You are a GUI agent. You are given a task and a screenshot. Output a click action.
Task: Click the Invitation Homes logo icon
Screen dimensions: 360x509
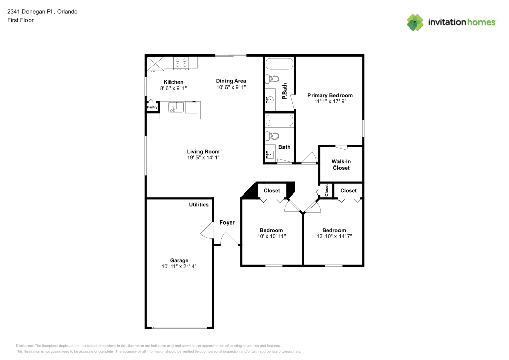(415, 22)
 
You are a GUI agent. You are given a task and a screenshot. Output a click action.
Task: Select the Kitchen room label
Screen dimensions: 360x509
(173, 82)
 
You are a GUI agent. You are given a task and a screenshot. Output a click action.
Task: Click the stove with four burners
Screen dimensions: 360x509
(181, 63)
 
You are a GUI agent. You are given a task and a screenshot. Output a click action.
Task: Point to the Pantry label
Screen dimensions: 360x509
(152, 107)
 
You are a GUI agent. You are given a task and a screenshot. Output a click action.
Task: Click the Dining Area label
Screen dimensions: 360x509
(231, 81)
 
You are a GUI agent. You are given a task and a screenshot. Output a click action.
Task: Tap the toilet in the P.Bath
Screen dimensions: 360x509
(273, 79)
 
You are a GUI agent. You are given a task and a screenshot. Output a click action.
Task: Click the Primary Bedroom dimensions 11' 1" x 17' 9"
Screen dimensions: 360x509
(330, 101)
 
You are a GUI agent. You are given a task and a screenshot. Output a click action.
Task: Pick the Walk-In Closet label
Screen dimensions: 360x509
(341, 164)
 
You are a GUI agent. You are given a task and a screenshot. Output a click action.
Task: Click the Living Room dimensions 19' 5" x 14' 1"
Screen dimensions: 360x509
(203, 158)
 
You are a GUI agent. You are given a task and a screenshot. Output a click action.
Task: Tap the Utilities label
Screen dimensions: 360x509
(199, 205)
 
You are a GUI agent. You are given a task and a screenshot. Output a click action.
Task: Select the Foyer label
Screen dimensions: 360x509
(227, 223)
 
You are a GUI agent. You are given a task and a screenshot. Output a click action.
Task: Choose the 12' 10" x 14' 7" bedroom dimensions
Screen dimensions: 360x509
(334, 236)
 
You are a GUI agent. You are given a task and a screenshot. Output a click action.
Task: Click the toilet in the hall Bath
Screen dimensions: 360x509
(273, 136)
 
